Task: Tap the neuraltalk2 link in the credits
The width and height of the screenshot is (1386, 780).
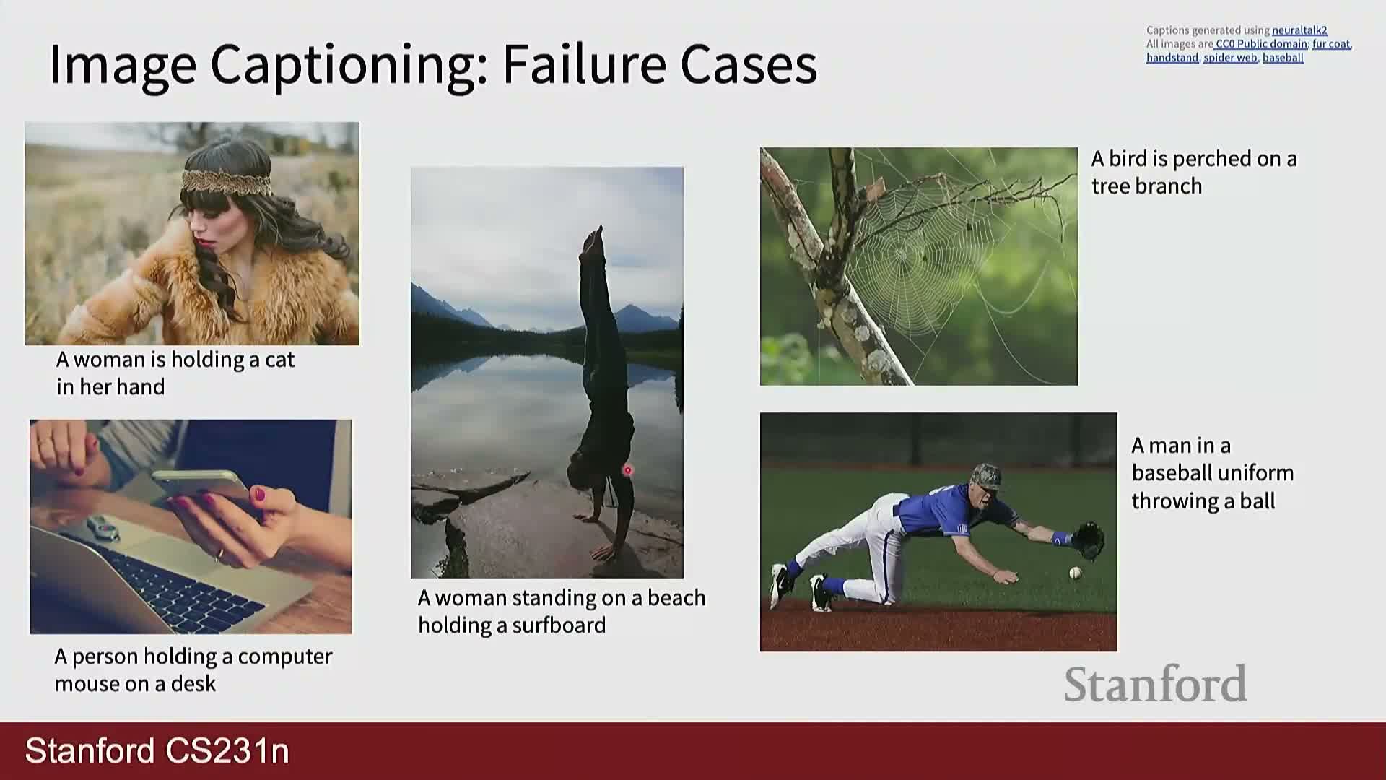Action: [1299, 30]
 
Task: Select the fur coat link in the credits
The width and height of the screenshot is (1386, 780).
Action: [1331, 44]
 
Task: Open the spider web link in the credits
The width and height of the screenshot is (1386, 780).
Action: [1230, 58]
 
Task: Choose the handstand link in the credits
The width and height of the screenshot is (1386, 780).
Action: [1172, 58]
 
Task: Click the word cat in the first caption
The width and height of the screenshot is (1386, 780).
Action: [279, 360]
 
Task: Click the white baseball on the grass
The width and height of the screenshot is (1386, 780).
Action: [1075, 573]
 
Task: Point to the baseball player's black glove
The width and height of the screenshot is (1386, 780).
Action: [1088, 540]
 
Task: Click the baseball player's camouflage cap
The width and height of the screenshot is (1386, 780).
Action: [986, 476]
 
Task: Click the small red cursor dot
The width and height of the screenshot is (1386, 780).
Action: [627, 470]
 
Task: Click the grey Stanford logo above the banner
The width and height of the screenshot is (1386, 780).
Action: [1155, 683]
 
